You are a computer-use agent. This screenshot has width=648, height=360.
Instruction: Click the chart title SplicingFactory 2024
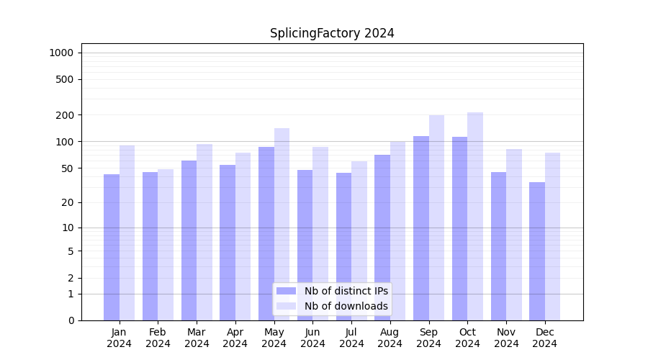[332, 33]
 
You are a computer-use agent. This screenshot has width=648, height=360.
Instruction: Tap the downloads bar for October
[475, 216]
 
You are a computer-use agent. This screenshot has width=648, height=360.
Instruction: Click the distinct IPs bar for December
[537, 251]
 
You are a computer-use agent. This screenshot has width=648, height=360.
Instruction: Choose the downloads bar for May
[282, 224]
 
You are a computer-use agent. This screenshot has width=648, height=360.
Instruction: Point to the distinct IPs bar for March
[189, 240]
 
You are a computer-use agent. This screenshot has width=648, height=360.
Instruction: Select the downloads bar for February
[166, 245]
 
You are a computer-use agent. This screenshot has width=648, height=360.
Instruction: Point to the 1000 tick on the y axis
[61, 53]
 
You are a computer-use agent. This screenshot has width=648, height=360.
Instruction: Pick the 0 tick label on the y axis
[71, 320]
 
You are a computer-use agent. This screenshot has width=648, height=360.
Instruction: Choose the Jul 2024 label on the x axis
[351, 338]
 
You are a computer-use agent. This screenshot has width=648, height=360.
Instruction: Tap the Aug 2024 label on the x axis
[390, 338]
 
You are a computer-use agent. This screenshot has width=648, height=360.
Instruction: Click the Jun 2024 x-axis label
[312, 338]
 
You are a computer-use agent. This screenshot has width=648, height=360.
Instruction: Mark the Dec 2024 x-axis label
[545, 338]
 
